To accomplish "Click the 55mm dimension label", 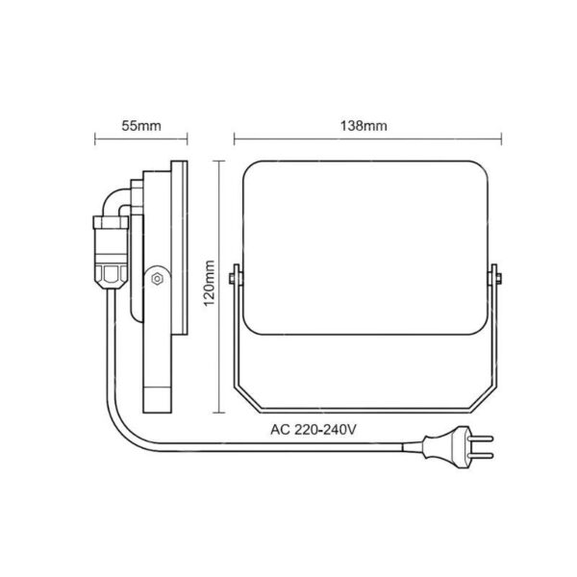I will pos(141,126).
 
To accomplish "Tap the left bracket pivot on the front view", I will pos(235,280).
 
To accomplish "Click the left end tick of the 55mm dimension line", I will pos(94,140).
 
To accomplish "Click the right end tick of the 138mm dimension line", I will pos(503,140).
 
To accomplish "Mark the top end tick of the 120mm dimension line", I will pos(220,160).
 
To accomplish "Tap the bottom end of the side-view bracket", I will pos(158,404).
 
